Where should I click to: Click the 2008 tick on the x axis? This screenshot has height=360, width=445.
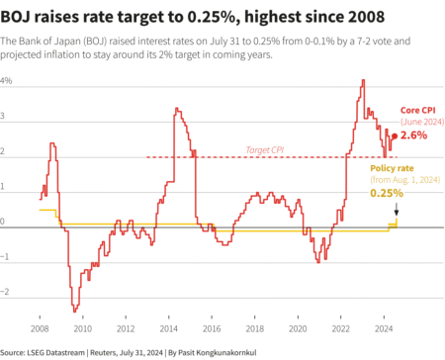pos(39,326)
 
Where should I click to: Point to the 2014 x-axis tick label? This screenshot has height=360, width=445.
pos(169,326)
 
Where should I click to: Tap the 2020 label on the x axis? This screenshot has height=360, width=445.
pos(297,326)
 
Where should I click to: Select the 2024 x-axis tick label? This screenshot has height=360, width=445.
pos(383,326)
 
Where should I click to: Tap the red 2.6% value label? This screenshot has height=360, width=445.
pos(414,135)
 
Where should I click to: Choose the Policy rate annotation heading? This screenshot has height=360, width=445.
pos(394,167)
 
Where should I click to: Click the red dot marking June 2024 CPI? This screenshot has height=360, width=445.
pos(395,135)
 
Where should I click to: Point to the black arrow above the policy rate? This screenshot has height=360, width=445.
pos(397,210)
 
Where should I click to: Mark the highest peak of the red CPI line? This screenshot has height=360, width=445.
pos(363,80)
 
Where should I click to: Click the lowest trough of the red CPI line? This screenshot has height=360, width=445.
pos(74,311)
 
